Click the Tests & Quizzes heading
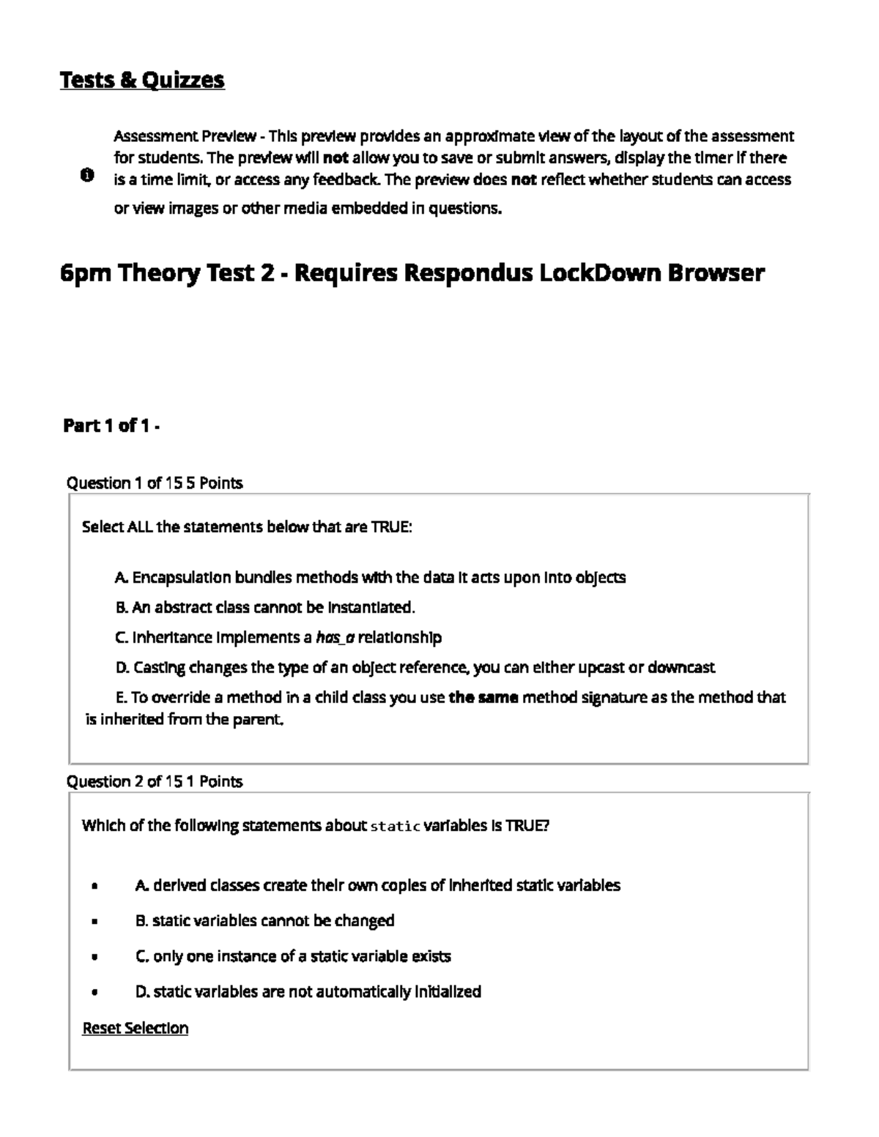142,80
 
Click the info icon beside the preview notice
86,175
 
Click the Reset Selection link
135,1028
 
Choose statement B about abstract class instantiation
265,608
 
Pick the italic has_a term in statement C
335,638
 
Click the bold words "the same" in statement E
483,698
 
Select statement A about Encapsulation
370,578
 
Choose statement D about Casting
415,668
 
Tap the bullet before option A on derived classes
95,886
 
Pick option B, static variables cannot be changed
265,921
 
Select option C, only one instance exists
293,957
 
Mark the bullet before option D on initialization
95,993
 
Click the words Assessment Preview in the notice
185,136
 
